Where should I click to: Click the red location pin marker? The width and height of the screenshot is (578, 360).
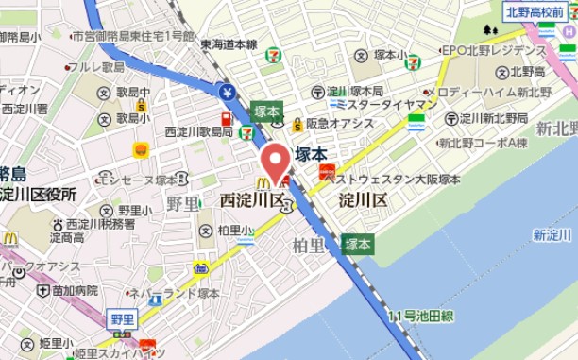276,162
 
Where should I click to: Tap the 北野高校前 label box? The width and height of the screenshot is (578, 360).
534,12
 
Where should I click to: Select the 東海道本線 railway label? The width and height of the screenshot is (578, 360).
229,43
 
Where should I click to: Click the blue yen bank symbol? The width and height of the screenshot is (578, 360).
227,92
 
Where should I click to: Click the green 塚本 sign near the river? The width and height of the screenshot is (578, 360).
357,244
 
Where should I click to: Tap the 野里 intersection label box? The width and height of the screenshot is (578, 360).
121,318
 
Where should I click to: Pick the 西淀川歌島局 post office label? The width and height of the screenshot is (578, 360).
198,131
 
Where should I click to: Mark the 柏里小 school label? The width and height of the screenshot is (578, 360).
234,230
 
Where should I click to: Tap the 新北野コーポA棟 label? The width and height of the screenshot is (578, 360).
483,144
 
